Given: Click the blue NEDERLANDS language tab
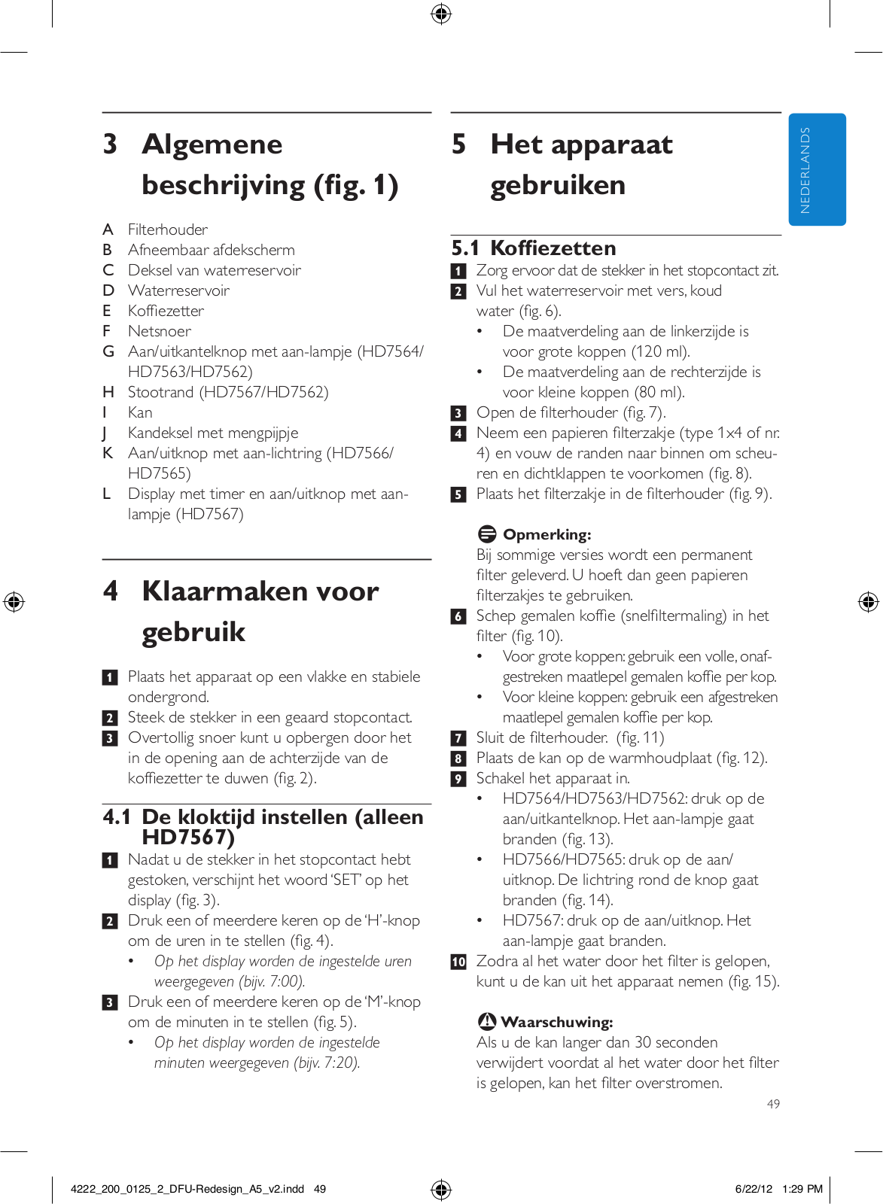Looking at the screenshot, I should pyautogui.click(x=817, y=169).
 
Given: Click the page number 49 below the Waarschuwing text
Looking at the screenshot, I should pyautogui.click(x=773, y=1104).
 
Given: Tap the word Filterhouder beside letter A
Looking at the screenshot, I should pyautogui.click(x=168, y=230).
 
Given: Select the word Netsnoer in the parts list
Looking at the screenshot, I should pyautogui.click(x=160, y=331).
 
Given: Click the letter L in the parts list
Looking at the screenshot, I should pyautogui.click(x=107, y=494).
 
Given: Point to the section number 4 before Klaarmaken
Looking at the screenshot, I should pyautogui.click(x=111, y=591).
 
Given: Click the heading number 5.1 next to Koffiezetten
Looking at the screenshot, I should pyautogui.click(x=465, y=248).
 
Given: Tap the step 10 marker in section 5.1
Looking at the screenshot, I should pyautogui.click(x=458, y=962).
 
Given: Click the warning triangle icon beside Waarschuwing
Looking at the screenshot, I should pyautogui.click(x=487, y=1021).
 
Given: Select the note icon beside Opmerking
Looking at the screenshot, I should pyautogui.click(x=487, y=534).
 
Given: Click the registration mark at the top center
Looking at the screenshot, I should pyautogui.click(x=441, y=14).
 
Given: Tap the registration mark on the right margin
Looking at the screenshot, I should pyautogui.click(x=868, y=602).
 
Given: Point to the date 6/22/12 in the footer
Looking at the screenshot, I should pyautogui.click(x=754, y=1189).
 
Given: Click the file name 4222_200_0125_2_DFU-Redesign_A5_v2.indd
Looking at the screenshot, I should pyautogui.click(x=187, y=1189).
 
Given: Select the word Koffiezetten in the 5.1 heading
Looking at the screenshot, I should pyautogui.click(x=553, y=248).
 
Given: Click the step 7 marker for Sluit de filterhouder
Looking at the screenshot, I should pyautogui.click(x=458, y=738).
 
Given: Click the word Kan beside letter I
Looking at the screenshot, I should pyautogui.click(x=140, y=412).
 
